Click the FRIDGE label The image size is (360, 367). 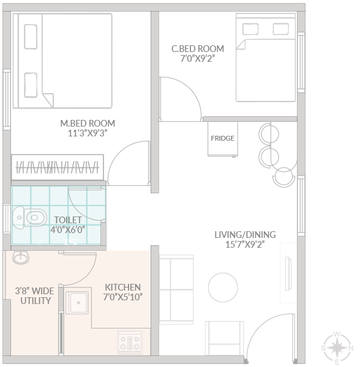222,138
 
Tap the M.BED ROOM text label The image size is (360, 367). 88,124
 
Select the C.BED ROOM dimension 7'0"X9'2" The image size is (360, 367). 198,59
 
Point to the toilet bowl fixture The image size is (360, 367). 29,218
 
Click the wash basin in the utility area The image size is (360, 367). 21,258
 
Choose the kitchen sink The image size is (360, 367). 77,302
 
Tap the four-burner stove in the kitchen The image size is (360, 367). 130,343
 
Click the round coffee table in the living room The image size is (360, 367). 223,287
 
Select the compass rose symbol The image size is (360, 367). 337,348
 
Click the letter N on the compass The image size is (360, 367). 351,348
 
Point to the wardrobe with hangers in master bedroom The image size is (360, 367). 58,168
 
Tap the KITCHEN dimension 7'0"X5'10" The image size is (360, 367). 123,297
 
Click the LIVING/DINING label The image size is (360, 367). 245,235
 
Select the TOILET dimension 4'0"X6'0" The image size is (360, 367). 68,230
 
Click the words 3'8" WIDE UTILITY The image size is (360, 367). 35,296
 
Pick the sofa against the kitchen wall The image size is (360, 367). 176,289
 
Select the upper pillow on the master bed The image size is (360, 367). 31,37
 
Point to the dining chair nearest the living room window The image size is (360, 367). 284,177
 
